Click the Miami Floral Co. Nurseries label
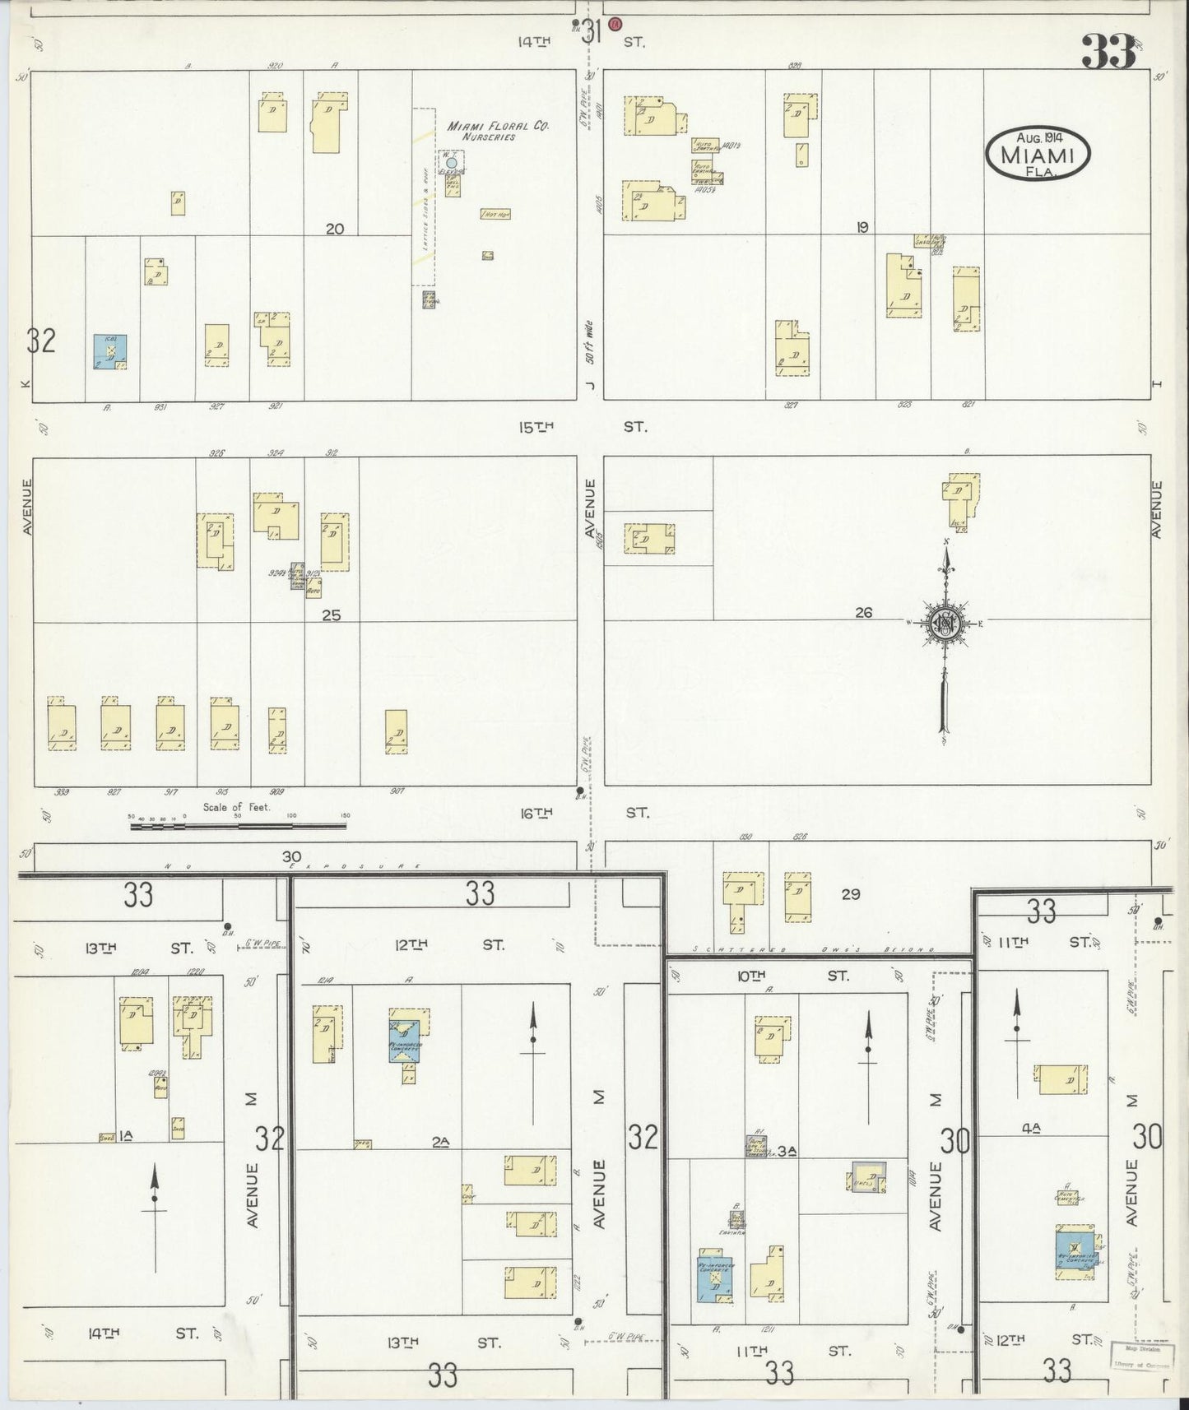pos(497,131)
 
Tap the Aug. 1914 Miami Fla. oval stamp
pos(1038,154)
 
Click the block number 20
pos(334,230)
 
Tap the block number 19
pos(862,228)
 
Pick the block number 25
pos(332,615)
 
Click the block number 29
pos(850,893)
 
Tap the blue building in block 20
pos(110,351)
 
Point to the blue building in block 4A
pos(1075,1253)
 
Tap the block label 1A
pos(126,1136)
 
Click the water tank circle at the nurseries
pos(451,164)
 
